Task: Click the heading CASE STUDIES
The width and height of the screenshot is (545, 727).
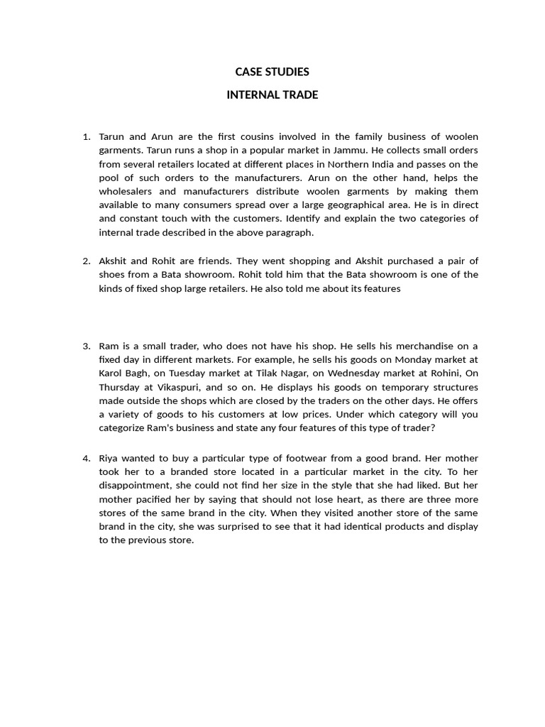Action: pos(272,72)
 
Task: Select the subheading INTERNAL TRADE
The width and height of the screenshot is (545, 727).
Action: pos(272,94)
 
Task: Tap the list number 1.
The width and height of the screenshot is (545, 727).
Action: pos(87,136)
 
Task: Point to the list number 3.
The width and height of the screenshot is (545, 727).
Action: pos(87,346)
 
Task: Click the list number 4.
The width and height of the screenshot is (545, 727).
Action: pos(87,458)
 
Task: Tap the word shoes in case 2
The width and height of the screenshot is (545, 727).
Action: pos(114,275)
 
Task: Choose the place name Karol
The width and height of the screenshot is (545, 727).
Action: pos(113,373)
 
